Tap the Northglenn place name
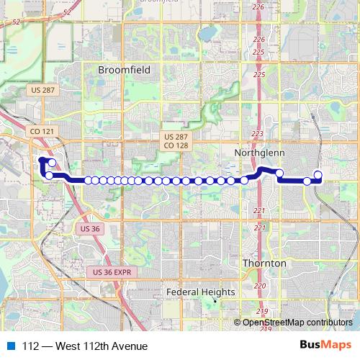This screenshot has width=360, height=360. [260, 153]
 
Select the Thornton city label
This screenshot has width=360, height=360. [264, 264]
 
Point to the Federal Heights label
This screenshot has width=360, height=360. [201, 292]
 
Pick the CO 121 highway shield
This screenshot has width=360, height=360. [41, 132]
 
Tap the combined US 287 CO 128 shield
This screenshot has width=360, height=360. [176, 140]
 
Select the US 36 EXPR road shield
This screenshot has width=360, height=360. [112, 271]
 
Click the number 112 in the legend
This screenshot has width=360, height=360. [30, 346]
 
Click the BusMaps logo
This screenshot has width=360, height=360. [325, 345]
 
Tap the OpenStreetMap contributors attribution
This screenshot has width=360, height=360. [297, 322]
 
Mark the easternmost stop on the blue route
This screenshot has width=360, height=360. [318, 174]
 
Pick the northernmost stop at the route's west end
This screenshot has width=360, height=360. [52, 163]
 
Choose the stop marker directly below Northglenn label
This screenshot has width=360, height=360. [279, 173]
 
